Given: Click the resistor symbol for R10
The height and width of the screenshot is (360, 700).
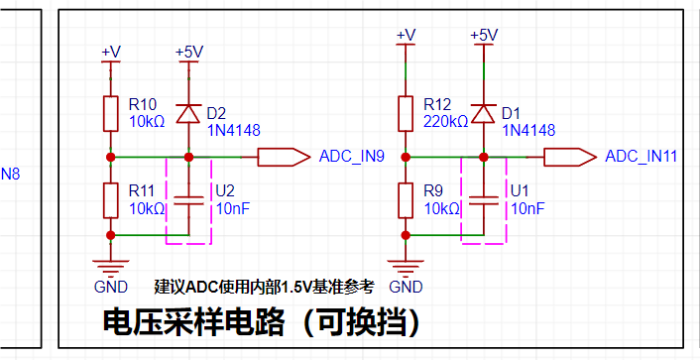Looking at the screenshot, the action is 111,113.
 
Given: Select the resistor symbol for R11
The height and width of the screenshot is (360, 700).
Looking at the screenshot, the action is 111,200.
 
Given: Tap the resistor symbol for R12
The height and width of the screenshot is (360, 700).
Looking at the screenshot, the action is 406,113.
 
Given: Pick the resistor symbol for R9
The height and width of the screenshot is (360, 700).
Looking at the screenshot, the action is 406,200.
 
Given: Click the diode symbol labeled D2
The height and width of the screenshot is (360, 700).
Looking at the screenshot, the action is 188,113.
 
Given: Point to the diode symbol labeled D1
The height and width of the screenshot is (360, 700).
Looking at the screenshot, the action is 483,113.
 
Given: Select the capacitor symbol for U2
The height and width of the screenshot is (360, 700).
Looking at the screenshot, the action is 188,200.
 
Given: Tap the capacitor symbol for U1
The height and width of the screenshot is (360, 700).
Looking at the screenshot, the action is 483,200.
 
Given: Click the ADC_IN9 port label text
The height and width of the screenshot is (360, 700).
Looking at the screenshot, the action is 352,157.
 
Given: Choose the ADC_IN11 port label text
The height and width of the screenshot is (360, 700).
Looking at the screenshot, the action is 642,157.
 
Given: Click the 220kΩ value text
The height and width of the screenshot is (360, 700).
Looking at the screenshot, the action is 445,121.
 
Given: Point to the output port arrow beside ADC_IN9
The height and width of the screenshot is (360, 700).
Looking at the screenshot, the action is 284,158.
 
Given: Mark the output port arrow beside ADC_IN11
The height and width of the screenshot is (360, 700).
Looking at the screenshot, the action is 570,158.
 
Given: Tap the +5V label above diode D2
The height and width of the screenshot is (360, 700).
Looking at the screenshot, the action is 189,53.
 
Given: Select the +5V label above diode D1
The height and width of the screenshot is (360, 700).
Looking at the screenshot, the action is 485,35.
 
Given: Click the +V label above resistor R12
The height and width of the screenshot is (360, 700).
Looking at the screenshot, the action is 406,35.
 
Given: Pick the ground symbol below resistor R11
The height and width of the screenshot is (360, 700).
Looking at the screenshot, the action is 111,266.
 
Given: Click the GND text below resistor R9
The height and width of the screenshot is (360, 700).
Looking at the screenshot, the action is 406,287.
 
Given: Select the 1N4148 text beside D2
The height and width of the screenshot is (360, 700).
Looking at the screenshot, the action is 233,131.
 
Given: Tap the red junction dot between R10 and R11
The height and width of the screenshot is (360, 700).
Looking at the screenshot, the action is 111,158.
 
